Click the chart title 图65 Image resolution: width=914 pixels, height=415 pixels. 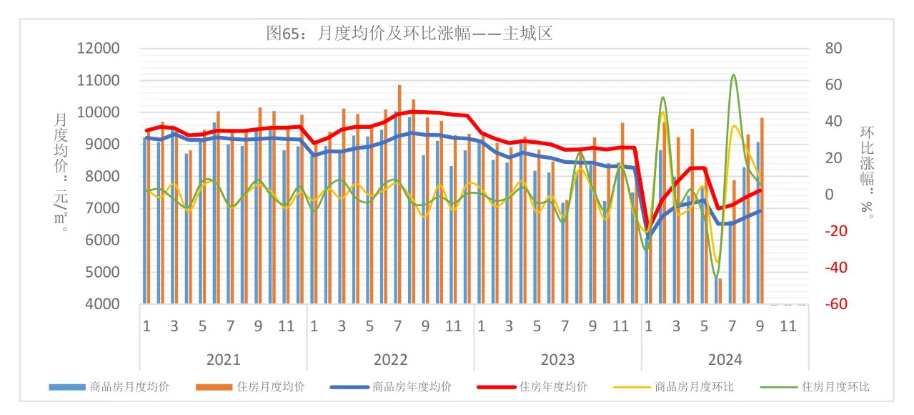click(x=409, y=33)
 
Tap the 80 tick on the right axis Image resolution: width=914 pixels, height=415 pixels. click(x=834, y=49)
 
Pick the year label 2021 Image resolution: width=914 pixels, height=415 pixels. click(x=223, y=359)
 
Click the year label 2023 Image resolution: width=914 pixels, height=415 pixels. click(x=557, y=359)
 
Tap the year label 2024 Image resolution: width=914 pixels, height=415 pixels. click(x=725, y=359)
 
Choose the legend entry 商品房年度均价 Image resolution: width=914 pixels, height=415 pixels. click(x=412, y=387)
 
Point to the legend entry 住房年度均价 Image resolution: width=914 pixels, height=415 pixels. click(x=553, y=387)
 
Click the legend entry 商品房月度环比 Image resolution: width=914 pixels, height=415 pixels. click(x=694, y=387)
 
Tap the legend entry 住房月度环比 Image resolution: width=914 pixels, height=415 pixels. click(x=835, y=387)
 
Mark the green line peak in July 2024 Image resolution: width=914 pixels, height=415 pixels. click(x=733, y=74)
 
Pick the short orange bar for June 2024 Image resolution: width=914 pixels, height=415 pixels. click(x=720, y=290)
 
